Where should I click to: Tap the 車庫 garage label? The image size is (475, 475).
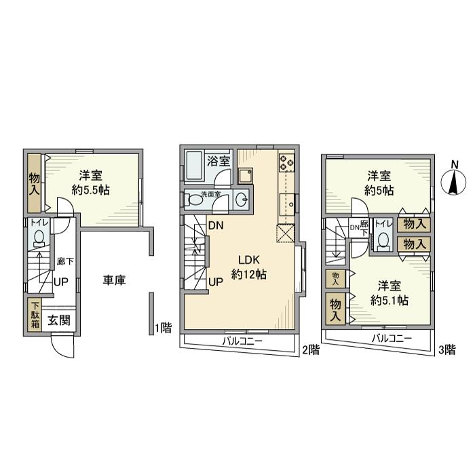[x=115, y=280]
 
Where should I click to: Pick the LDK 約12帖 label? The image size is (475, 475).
[x=248, y=267]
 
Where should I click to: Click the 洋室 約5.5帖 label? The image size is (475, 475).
[x=90, y=183]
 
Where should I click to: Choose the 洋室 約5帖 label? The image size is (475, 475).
[x=379, y=183]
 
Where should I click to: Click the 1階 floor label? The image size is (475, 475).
[x=162, y=328]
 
